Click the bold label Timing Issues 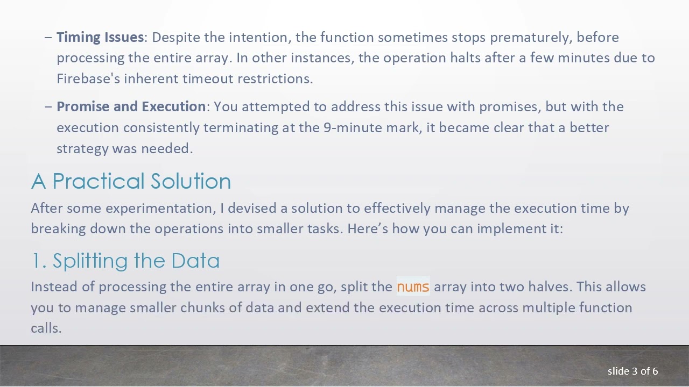click(x=100, y=37)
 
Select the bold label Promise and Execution click(x=131, y=106)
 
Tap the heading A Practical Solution click(x=131, y=181)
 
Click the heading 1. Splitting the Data click(x=125, y=261)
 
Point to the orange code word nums click(x=413, y=286)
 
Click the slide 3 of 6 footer click(x=632, y=371)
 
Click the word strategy click(x=82, y=148)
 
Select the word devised click(x=252, y=208)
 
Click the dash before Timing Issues click(x=48, y=38)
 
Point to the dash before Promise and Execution click(x=48, y=107)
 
